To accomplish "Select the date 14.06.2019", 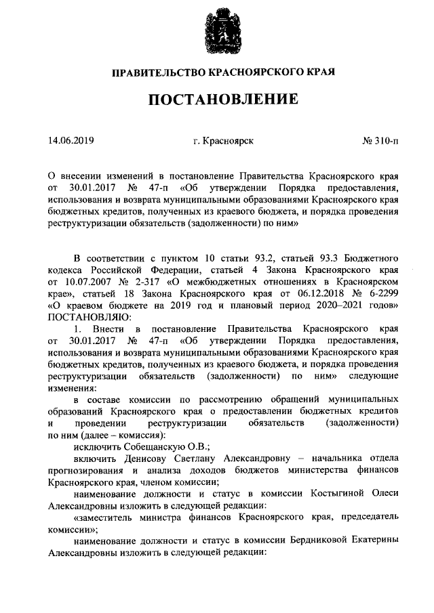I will pyautogui.click(x=71, y=141).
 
